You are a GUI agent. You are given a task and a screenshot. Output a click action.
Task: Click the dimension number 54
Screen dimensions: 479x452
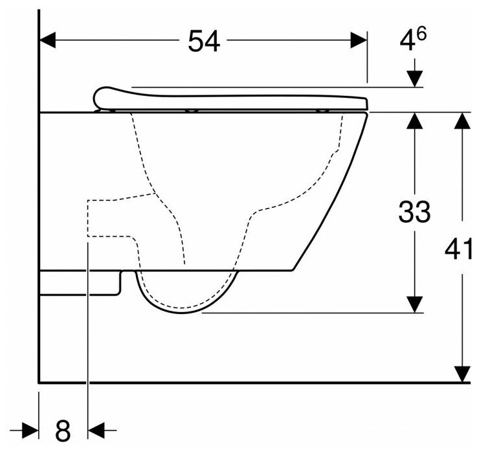click(204, 42)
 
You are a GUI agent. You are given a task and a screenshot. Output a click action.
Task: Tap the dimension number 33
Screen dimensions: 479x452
click(414, 212)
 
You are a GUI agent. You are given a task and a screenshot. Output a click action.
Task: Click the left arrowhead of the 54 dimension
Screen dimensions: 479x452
click(47, 41)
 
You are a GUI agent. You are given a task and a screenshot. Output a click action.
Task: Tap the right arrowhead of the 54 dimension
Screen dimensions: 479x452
click(359, 41)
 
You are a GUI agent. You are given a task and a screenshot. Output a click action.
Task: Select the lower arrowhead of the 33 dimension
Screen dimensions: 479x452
click(414, 305)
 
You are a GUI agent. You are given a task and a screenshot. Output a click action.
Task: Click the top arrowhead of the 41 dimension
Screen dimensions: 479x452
click(461, 120)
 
